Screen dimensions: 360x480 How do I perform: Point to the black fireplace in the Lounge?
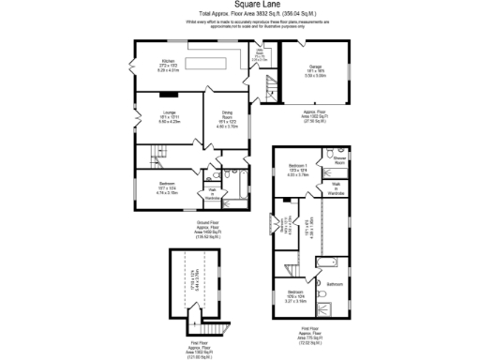[169, 93]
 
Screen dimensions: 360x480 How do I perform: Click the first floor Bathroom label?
[335, 283]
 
